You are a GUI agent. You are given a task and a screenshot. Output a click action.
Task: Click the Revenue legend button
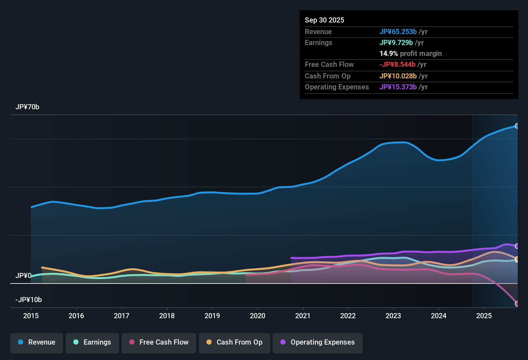pyautogui.click(x=37, y=343)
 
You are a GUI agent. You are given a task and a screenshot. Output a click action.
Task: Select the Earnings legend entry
pyautogui.click(x=92, y=343)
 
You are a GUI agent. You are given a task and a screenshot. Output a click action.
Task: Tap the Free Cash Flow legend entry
pyautogui.click(x=159, y=343)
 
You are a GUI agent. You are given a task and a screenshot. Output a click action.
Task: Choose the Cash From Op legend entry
pyautogui.click(x=234, y=343)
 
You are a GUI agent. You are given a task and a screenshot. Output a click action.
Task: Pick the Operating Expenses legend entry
pyautogui.click(x=318, y=343)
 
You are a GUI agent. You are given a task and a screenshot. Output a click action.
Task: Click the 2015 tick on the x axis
pyautogui.click(x=31, y=316)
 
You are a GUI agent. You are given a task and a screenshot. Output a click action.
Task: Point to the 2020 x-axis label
pyautogui.click(x=258, y=316)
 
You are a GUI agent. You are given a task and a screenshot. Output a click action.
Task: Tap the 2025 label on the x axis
pyautogui.click(x=484, y=316)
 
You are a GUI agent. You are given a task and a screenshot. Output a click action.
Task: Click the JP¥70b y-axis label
pyautogui.click(x=27, y=107)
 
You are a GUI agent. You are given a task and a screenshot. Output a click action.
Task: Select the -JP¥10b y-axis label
pyautogui.click(x=29, y=300)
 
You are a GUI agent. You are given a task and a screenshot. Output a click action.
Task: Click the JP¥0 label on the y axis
pyautogui.click(x=23, y=276)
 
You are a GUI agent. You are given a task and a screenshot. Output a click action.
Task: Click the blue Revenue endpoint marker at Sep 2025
pyautogui.click(x=517, y=126)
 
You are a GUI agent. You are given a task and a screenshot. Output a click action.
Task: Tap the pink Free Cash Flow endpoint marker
pyautogui.click(x=517, y=304)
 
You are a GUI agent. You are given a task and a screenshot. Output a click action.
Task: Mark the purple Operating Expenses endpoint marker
pyautogui.click(x=517, y=246)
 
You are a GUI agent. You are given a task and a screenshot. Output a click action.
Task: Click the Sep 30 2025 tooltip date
pyautogui.click(x=324, y=20)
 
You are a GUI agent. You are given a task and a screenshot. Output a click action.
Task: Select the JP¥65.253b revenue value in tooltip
pyautogui.click(x=398, y=32)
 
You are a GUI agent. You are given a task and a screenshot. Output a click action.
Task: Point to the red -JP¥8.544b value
pyautogui.click(x=397, y=65)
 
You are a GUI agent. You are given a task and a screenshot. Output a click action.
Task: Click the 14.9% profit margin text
pyautogui.click(x=411, y=54)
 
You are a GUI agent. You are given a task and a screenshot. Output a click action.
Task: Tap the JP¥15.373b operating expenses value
pyautogui.click(x=398, y=87)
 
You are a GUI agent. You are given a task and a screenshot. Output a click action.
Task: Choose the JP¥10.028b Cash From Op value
pyautogui.click(x=398, y=76)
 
